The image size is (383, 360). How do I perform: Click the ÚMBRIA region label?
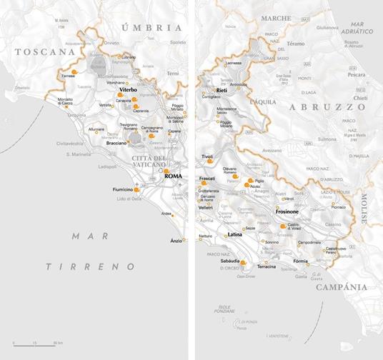pos(152,27)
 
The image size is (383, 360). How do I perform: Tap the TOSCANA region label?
pos(44,52)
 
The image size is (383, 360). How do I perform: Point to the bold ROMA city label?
pos(173,176)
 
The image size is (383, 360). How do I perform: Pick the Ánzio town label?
pos(176,240)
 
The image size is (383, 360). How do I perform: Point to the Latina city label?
pos(235,234)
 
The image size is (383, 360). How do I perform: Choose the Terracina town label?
pos(266,266)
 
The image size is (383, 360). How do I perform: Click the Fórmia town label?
pos(304,261)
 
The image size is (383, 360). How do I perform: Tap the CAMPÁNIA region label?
pos(344,286)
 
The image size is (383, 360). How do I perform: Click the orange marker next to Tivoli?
pos(210,161)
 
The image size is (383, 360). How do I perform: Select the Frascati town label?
pos(207,178)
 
